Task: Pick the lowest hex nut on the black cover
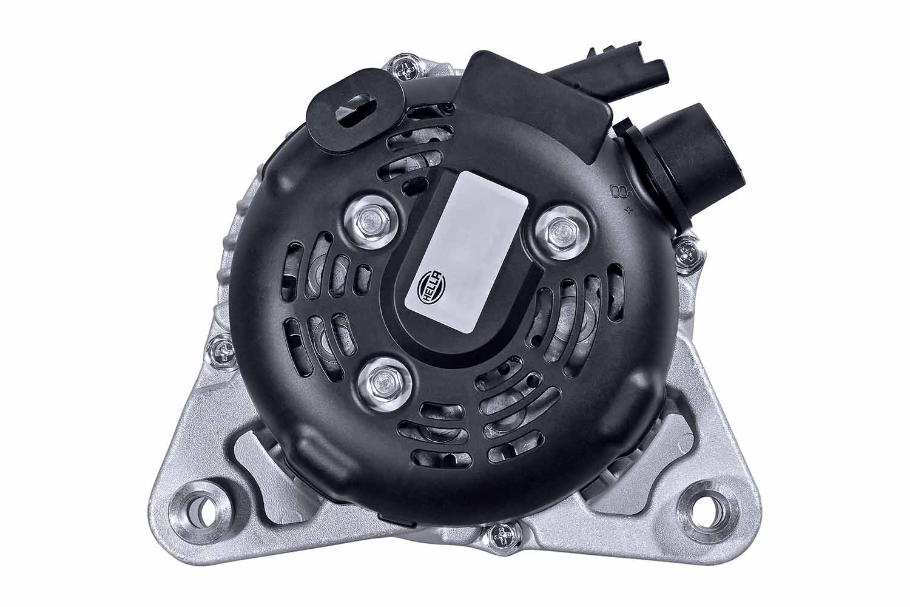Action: point(385,381)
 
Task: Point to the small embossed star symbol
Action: point(627,211)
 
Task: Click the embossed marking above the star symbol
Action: point(620,193)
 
